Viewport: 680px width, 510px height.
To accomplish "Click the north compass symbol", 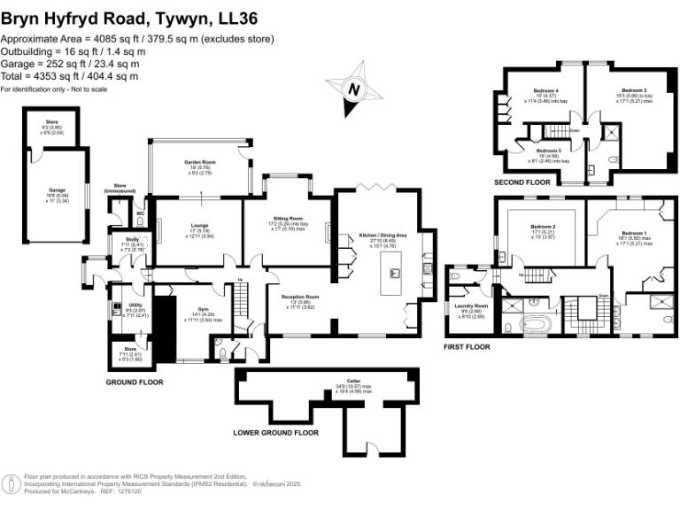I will (x=354, y=89).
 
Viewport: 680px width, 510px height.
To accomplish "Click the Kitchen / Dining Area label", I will (x=383, y=236).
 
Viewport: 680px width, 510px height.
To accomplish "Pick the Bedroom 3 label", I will (x=633, y=91).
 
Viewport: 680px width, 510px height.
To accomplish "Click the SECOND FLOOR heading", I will (x=522, y=182).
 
